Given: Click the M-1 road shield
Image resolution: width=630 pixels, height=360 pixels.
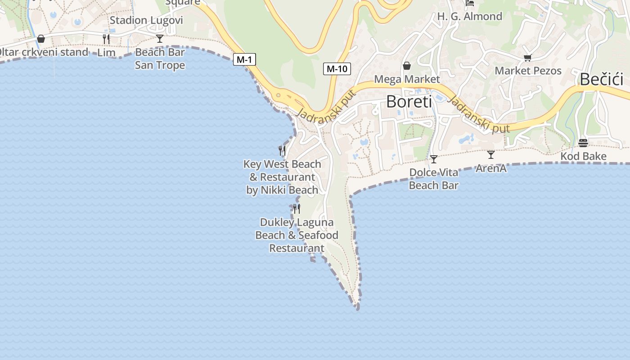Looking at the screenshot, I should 244,59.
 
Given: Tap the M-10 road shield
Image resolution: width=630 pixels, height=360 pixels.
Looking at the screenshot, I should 337,69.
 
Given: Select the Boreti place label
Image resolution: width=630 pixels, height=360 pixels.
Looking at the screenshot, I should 409,101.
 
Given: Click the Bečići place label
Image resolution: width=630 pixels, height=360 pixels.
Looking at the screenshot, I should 601,79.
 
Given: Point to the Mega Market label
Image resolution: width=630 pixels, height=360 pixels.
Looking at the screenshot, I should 407,79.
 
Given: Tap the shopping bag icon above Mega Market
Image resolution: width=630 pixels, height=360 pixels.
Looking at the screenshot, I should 407,66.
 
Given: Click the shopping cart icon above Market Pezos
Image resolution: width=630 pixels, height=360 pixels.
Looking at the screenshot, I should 527,58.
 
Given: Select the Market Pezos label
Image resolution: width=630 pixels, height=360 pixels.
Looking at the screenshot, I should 528,71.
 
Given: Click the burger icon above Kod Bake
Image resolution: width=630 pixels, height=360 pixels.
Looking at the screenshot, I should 583,143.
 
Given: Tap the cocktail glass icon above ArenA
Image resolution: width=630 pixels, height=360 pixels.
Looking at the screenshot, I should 491,155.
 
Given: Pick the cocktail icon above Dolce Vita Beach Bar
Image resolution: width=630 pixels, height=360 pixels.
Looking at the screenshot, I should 433,159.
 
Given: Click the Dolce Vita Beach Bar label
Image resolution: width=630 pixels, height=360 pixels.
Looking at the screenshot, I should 433,179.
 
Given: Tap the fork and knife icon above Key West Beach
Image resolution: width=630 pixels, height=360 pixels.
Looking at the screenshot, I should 282,150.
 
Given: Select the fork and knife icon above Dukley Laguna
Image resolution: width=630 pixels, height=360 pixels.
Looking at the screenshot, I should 297,208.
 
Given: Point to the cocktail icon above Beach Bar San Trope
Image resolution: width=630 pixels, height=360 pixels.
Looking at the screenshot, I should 160,39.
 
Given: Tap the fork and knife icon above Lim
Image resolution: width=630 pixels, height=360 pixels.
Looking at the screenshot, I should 106,39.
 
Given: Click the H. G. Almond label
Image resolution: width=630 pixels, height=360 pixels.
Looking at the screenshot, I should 469,17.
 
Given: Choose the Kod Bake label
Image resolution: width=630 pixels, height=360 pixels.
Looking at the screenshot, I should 583,156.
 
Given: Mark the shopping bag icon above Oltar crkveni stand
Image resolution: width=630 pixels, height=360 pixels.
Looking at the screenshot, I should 41,39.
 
